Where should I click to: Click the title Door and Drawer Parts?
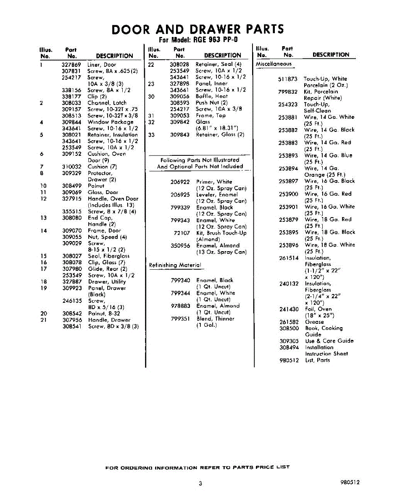pos(198,29)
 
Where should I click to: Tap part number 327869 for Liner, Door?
pos(71,65)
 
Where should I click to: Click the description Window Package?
pos(110,122)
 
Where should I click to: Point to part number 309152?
pos(71,154)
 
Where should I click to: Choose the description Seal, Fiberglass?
pos(108,256)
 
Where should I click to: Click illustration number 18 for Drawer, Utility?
pos(43,282)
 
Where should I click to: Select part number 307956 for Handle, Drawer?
pos(71,320)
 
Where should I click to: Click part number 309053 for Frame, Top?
pos(179,115)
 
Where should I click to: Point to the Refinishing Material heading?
pos(175,265)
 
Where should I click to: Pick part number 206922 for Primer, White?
pos(180,182)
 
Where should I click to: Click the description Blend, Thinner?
pos(216,319)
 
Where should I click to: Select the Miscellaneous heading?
pos(274,64)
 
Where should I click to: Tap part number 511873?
pos(288,79)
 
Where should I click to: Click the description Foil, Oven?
pos(318,309)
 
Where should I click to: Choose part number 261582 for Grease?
pos(289,322)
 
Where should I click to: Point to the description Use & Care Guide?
pos(329,341)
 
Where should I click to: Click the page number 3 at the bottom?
pos(200,483)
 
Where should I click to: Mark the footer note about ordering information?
pos(197,467)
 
